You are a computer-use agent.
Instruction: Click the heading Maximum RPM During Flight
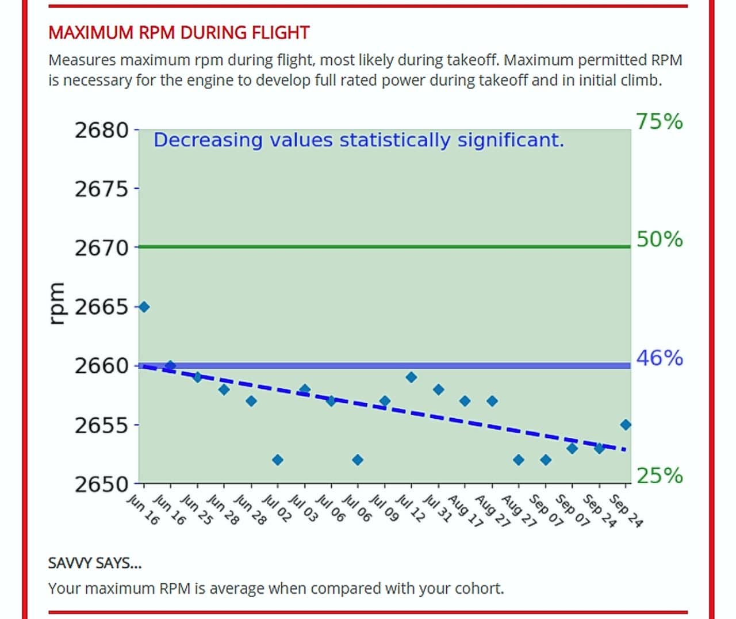click(x=179, y=33)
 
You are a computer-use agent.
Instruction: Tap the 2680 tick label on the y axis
click(x=102, y=130)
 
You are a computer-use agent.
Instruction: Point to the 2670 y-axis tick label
click(x=102, y=248)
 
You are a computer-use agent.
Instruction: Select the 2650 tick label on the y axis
click(x=102, y=484)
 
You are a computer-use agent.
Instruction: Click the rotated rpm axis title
click(x=56, y=304)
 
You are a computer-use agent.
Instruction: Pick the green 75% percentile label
click(x=659, y=121)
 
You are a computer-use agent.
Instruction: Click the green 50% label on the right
click(x=659, y=239)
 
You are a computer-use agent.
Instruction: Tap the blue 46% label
click(x=659, y=358)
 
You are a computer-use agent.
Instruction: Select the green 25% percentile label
click(x=659, y=476)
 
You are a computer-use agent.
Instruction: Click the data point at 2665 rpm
click(x=144, y=307)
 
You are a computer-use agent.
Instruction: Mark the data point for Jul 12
click(x=411, y=377)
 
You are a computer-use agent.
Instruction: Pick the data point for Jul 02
click(x=278, y=460)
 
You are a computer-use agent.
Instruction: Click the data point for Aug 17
click(x=465, y=401)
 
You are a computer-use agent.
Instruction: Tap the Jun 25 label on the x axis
click(x=197, y=510)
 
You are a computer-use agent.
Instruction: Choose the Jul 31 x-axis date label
click(x=438, y=509)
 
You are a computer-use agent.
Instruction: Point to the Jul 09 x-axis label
click(x=384, y=509)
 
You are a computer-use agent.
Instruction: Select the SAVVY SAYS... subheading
click(x=95, y=563)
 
